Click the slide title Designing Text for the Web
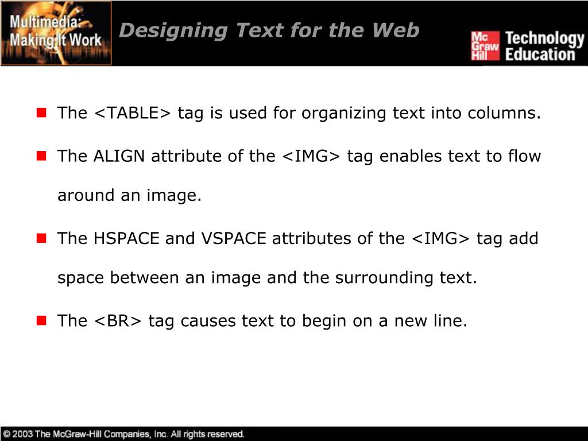point(269,30)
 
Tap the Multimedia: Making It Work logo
point(56,33)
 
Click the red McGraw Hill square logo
point(485,46)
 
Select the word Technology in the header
point(544,38)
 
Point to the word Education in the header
point(540,55)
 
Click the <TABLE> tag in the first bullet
point(132,113)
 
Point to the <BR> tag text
point(117,320)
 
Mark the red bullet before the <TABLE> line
point(41,113)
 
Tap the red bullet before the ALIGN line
point(41,156)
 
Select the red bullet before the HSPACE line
point(41,238)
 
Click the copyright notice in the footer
point(123,434)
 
